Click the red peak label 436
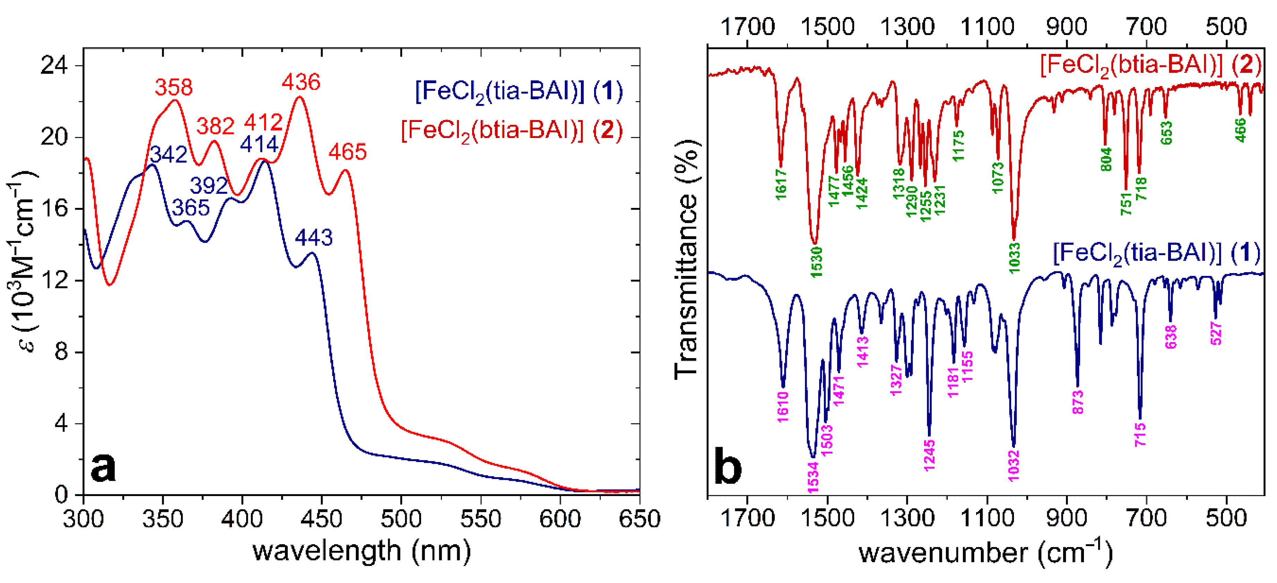point(301,82)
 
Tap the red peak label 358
point(174,87)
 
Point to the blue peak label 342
point(168,155)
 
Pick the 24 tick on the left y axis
point(54,66)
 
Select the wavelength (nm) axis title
point(362,551)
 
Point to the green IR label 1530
point(816,262)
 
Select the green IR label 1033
point(1014,257)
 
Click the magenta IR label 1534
point(813,477)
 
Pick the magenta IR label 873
point(1078,402)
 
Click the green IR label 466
point(1240,130)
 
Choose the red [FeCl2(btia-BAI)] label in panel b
point(1150,66)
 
